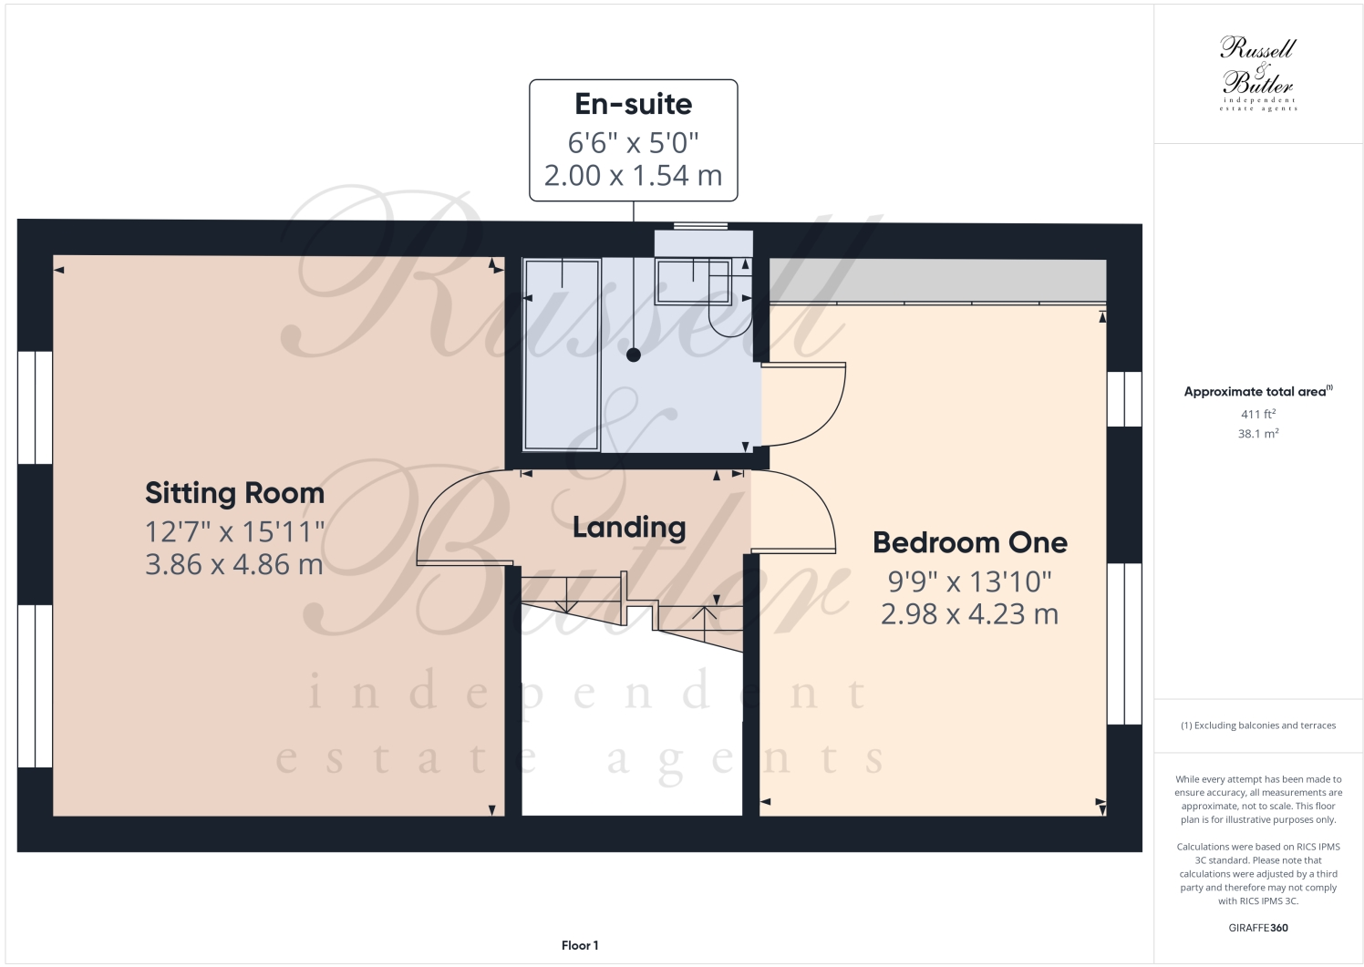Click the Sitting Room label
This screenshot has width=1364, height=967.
(234, 493)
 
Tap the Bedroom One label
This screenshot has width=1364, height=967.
(969, 542)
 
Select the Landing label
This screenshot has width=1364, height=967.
(628, 527)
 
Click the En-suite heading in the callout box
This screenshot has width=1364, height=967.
(633, 105)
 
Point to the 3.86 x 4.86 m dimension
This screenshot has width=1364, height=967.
(234, 565)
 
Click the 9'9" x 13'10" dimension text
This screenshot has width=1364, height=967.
(969, 581)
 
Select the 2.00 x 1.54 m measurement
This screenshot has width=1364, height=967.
(633, 175)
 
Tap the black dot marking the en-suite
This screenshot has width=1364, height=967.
(634, 355)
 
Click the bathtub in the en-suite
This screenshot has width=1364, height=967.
(561, 355)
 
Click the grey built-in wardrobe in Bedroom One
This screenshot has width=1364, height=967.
(937, 282)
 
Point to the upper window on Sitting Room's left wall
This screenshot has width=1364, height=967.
(36, 407)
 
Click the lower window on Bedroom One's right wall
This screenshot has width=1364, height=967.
(1124, 643)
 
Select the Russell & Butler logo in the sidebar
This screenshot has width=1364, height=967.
(1257, 74)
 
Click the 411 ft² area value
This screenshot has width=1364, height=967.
(1257, 415)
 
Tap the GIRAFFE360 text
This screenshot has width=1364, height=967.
(1257, 928)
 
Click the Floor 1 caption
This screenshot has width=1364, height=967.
(580, 945)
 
